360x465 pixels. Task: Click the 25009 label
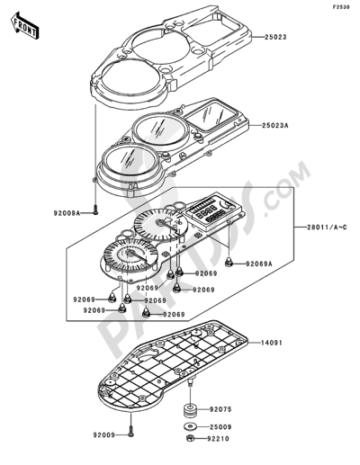tap(222, 427)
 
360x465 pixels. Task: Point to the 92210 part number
tap(222, 442)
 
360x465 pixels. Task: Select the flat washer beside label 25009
tap(191, 427)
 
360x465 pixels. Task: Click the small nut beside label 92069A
tap(230, 263)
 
